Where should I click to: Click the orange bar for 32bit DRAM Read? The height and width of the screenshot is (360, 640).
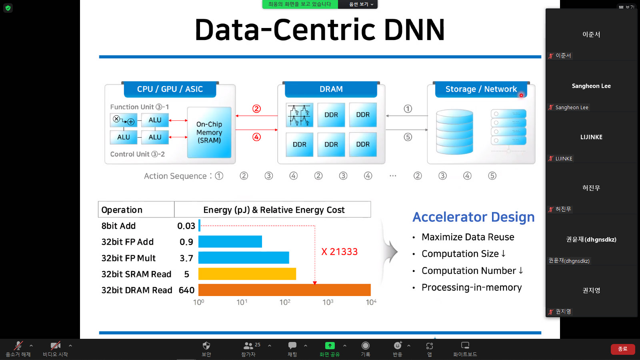pos(284,290)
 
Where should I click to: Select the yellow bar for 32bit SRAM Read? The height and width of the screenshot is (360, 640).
pos(247,274)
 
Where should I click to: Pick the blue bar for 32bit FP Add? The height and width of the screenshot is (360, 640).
pos(230,242)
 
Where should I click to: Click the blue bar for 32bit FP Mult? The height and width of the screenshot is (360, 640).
pos(244,258)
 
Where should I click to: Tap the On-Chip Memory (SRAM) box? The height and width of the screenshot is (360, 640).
pos(209,132)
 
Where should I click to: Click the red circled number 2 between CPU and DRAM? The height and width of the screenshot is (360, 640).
pos(256,109)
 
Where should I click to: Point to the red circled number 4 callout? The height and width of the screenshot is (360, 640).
pos(256,137)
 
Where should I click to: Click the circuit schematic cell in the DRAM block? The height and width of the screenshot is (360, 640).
pos(300,115)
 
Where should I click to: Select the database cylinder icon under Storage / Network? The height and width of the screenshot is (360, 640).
pos(454,132)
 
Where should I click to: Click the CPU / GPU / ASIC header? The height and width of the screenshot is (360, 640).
pos(170,89)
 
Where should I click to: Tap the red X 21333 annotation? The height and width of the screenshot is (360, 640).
pos(340,252)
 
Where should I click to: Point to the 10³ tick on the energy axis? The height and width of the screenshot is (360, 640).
pos(328,302)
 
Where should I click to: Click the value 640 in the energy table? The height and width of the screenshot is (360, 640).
pos(186,290)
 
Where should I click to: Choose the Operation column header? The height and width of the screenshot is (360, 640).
pos(122,210)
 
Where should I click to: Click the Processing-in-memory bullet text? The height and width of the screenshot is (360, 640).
pos(472,288)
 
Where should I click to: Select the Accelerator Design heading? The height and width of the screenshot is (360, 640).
pos(474,217)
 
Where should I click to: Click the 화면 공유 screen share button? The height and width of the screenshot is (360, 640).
pos(330,350)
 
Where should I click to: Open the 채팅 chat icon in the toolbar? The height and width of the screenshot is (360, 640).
pos(292,350)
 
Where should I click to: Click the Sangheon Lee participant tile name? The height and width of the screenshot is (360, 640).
pos(591,86)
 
